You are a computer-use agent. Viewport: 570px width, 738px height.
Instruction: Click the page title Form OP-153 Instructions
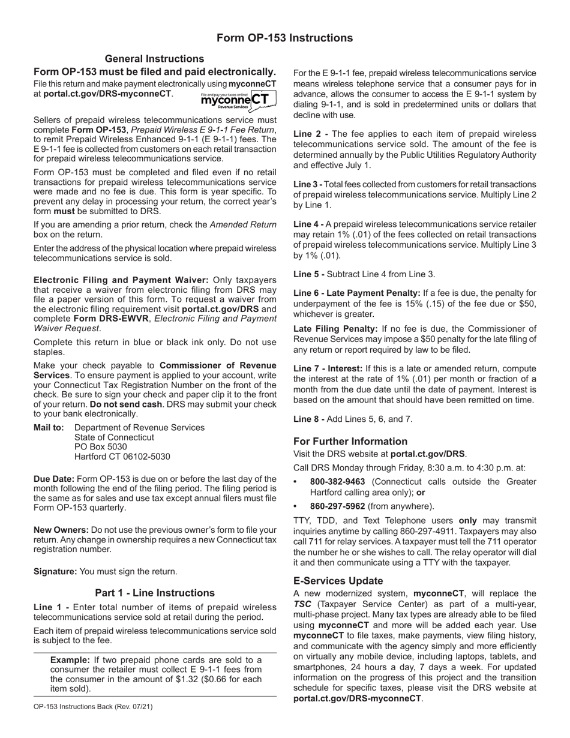284,38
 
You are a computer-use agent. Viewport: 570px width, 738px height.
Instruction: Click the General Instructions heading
154,59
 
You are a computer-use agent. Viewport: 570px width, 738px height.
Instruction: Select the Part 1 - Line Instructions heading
154,593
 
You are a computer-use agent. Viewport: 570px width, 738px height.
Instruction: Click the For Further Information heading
350,441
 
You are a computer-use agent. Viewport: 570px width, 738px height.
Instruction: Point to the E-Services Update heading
338,581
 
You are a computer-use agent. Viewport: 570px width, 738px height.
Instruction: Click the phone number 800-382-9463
337,482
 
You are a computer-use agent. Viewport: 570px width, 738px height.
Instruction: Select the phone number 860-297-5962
337,506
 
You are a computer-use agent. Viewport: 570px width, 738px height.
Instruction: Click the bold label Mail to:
49,428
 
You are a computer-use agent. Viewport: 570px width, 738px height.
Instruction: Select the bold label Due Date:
54,479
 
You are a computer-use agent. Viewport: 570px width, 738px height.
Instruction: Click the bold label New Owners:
61,530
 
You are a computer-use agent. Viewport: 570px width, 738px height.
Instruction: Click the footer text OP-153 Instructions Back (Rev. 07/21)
93,706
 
